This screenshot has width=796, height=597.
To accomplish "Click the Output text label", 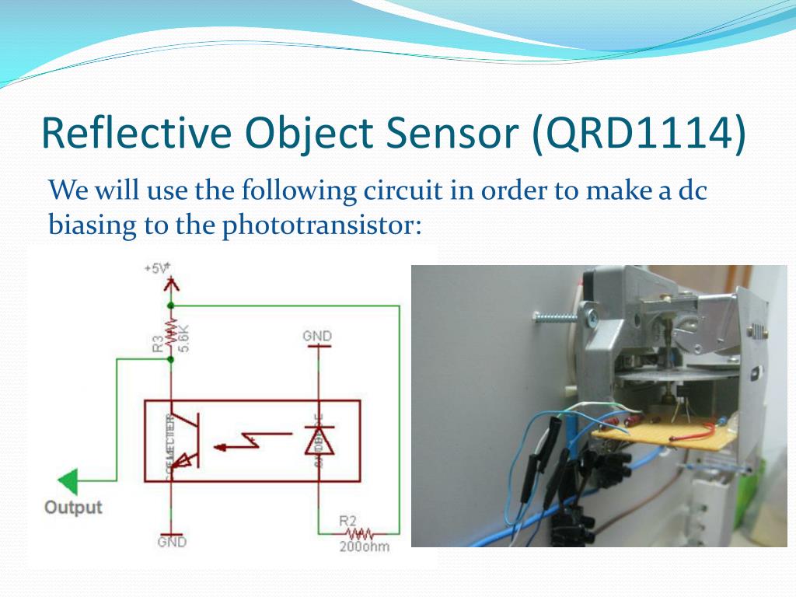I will pyautogui.click(x=73, y=508).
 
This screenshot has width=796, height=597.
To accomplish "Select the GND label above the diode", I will pyautogui.click(x=317, y=337).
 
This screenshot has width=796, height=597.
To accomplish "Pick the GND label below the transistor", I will pyautogui.click(x=172, y=542).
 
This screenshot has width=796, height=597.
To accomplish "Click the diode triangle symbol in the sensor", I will pyautogui.click(x=316, y=442).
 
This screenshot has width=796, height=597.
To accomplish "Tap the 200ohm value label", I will pyautogui.click(x=365, y=547).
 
